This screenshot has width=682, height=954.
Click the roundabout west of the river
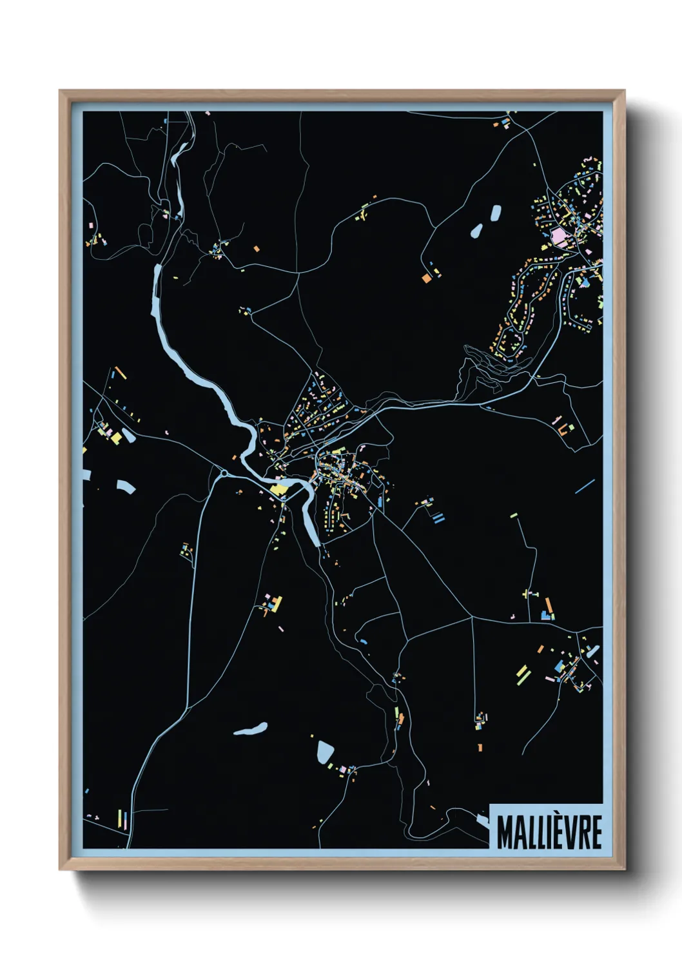pyautogui.click(x=224, y=474)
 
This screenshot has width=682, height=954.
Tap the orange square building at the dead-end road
pyautogui.click(x=426, y=278)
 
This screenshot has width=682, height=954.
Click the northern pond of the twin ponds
pyautogui.click(x=495, y=213)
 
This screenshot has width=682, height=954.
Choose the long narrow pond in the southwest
pyautogui.click(x=251, y=729)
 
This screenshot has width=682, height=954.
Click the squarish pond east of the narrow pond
pyautogui.click(x=326, y=751)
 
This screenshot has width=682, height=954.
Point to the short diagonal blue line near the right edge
pyautogui.click(x=585, y=486)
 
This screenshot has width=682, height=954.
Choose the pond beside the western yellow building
pyautogui.click(x=129, y=436)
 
